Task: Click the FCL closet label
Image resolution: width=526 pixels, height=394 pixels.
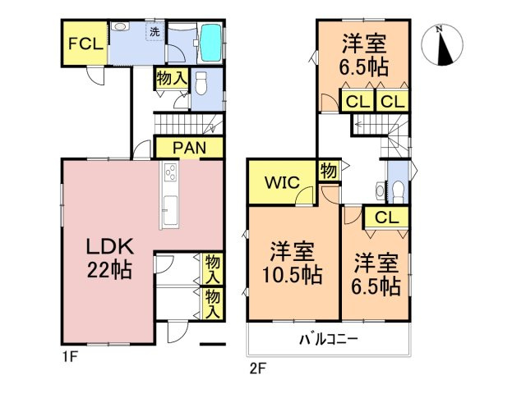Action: (85, 44)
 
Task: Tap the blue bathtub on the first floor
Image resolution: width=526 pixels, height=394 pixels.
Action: (210, 42)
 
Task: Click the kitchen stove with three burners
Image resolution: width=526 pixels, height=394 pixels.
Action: (171, 175)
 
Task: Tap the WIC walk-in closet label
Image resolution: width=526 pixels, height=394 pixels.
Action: (279, 181)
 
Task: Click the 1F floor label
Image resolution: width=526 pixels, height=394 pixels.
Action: (69, 357)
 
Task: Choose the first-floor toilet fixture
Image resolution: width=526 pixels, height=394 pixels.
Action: (201, 82)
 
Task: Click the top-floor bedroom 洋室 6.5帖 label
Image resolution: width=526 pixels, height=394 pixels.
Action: (362, 54)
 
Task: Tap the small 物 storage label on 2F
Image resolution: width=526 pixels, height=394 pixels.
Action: (327, 171)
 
